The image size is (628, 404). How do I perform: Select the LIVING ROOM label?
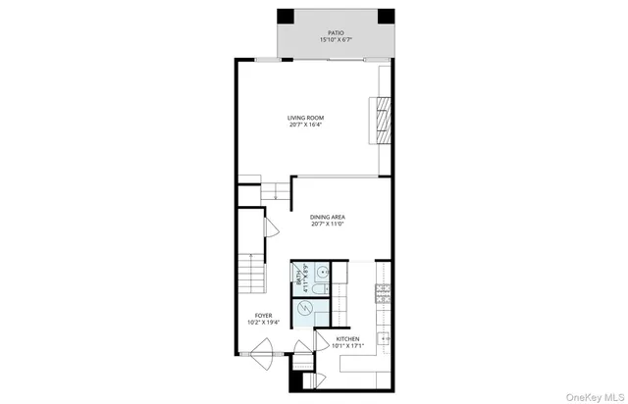pos(306,117)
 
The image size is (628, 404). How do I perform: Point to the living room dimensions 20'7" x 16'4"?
pos(306,125)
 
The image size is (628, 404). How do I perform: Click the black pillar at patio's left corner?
pos(285,18)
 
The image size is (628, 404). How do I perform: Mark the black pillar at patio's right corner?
pos(386,18)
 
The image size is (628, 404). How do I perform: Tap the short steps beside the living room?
pos(276,191)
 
